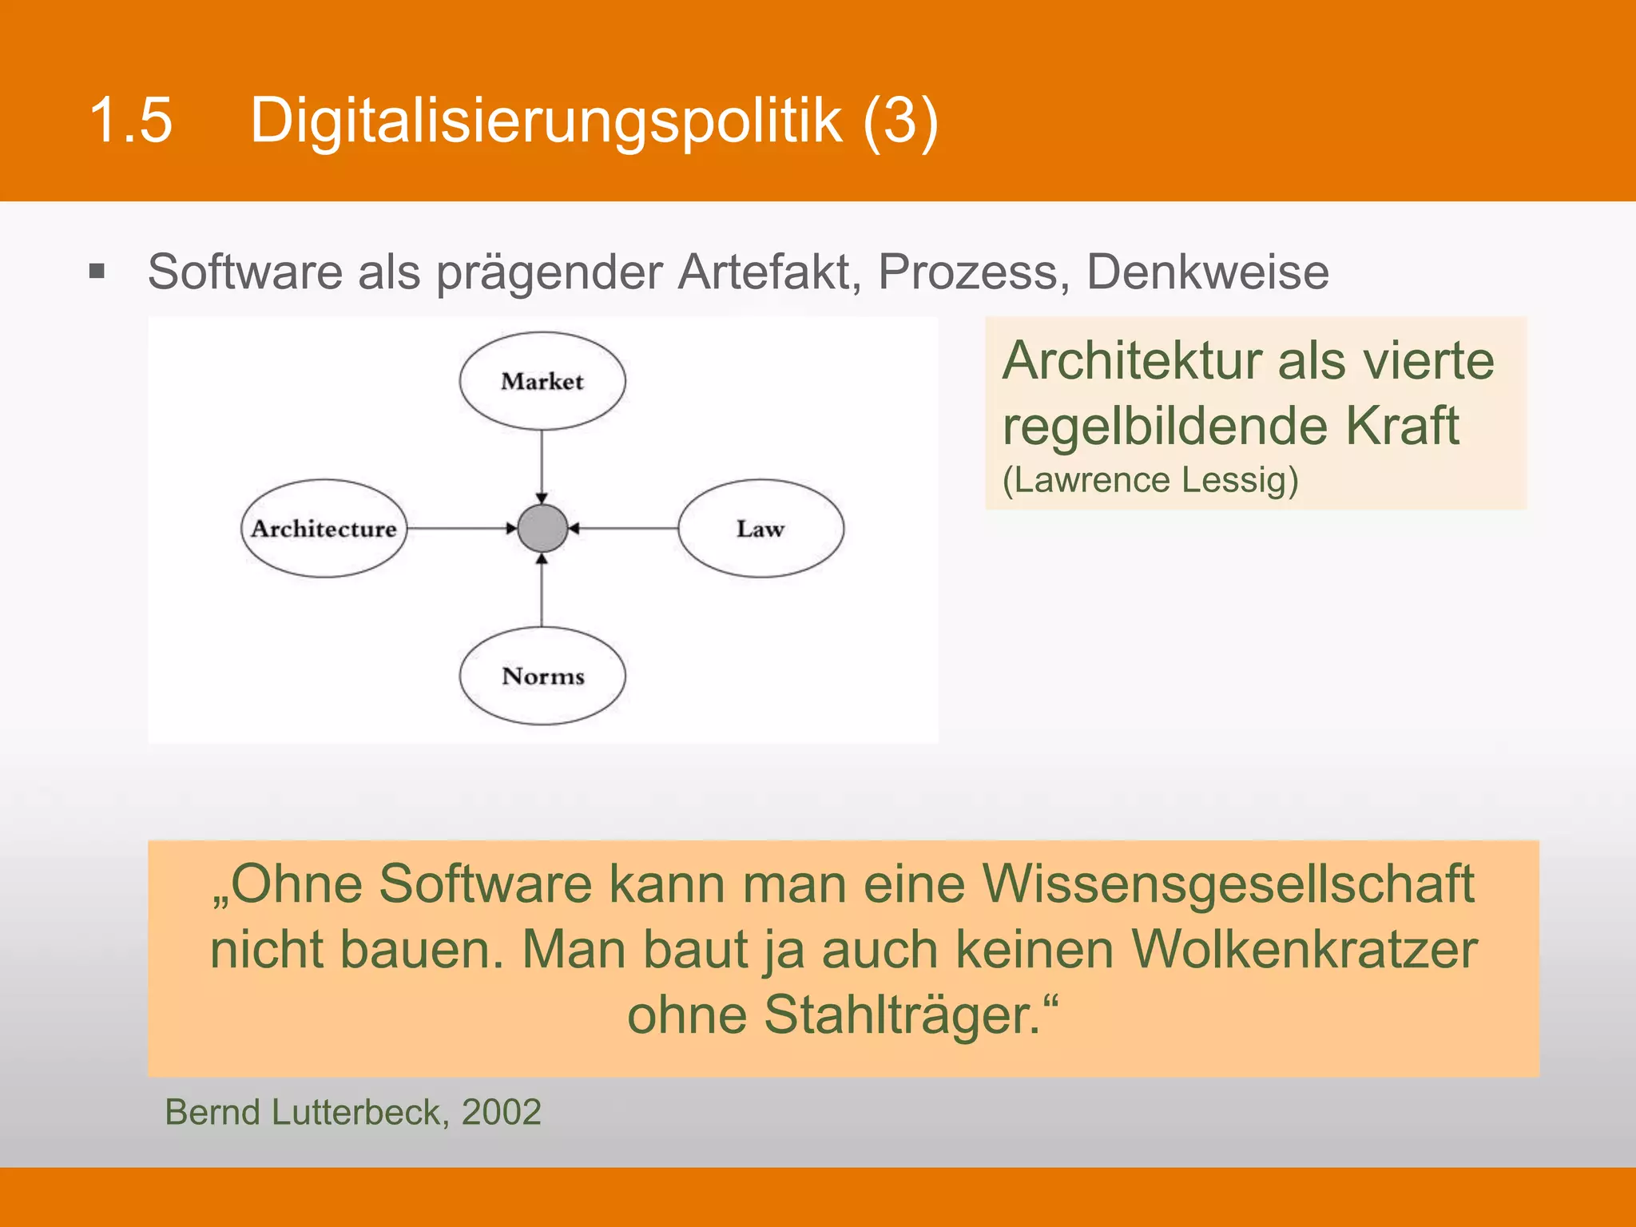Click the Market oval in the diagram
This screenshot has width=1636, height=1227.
point(542,381)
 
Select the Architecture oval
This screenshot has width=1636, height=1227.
point(324,528)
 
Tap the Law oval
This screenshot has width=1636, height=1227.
point(760,528)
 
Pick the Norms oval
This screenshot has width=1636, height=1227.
point(542,676)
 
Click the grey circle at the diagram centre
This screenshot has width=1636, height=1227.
point(542,528)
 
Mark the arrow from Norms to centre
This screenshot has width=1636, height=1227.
point(542,591)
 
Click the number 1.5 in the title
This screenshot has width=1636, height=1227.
point(131,120)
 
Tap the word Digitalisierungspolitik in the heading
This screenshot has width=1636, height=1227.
point(546,120)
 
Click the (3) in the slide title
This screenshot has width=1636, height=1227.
point(900,120)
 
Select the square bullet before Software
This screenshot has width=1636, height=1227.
point(97,272)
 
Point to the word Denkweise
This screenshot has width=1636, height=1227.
point(1207,272)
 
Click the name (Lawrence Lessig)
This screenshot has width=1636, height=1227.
point(1150,480)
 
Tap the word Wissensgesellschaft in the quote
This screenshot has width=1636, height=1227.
point(1228,884)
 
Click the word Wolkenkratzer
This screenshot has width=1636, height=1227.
point(1304,949)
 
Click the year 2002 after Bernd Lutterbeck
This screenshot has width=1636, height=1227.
point(502,1112)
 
